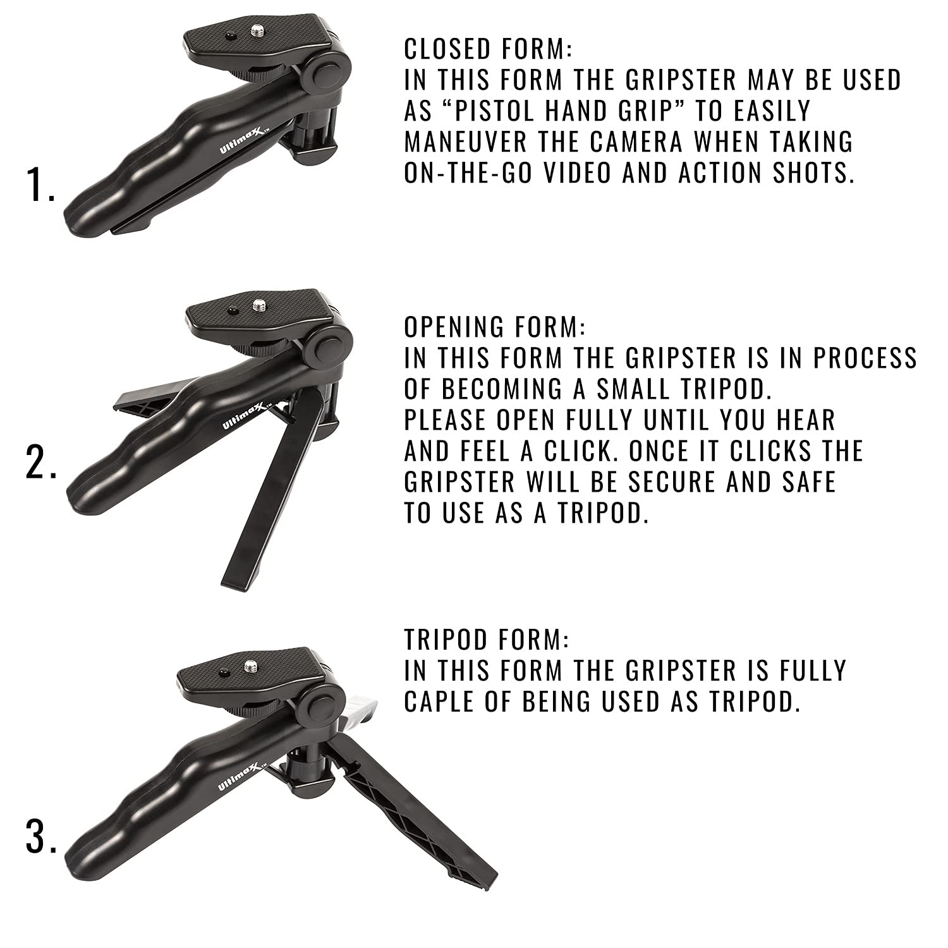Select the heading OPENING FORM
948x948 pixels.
click(495, 327)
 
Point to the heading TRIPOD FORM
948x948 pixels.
click(487, 640)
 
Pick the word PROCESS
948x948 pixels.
click(865, 358)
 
